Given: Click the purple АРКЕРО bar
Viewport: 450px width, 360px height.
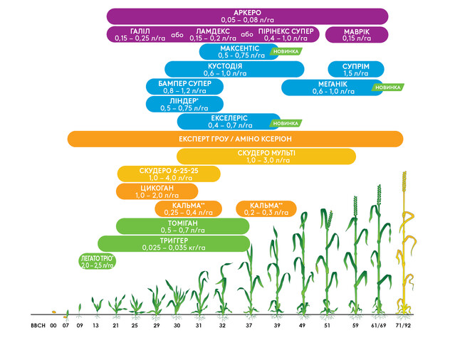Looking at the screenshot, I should [x=247, y=16].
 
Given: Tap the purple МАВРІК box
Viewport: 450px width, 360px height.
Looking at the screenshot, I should [x=356, y=34].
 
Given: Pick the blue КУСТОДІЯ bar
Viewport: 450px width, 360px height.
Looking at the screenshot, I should [x=234, y=69].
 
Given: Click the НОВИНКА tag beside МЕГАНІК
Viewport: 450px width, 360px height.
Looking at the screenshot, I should [x=389, y=87].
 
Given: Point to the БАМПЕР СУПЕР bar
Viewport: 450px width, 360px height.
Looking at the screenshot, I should [x=184, y=87].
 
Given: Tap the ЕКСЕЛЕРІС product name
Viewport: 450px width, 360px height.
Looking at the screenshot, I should [x=229, y=118].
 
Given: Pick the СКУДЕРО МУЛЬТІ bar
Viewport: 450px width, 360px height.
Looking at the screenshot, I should [x=266, y=157].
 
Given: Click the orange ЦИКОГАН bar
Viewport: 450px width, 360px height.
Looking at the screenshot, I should [x=156, y=191].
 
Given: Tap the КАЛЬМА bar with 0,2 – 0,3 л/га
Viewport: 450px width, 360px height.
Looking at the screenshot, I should [x=265, y=208].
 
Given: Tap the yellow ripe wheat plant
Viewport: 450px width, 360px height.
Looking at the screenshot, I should [x=407, y=242].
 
